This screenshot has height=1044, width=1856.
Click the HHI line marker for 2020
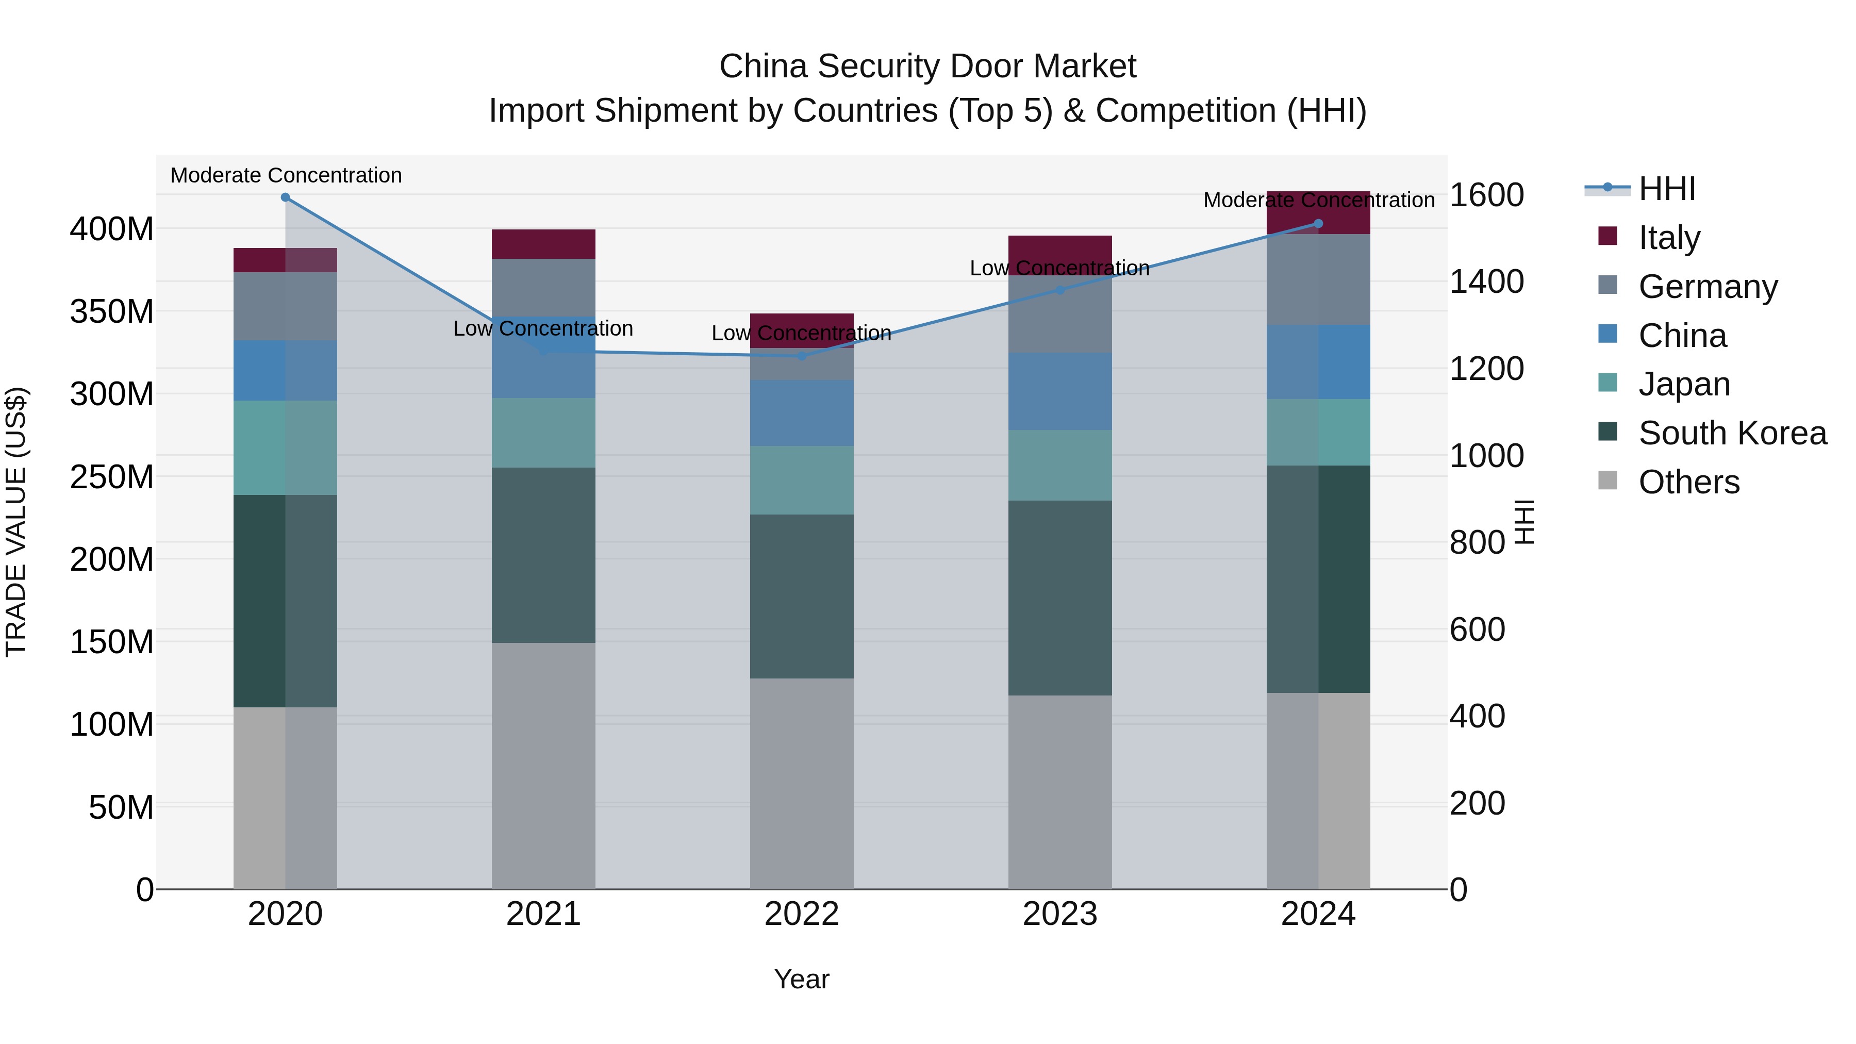[285, 197]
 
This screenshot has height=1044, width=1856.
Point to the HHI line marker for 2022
[802, 356]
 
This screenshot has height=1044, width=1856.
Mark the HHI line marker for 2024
[1318, 223]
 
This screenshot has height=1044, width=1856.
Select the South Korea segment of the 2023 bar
[1060, 598]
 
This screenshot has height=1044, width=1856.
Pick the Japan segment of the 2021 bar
[543, 433]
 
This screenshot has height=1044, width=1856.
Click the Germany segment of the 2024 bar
[1318, 279]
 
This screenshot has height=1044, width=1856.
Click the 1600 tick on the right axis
[1486, 195]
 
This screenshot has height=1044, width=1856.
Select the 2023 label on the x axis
[1060, 914]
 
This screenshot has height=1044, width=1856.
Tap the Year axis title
[801, 979]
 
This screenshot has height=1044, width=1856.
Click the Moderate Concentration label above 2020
[286, 175]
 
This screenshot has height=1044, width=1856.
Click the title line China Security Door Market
[927, 67]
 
